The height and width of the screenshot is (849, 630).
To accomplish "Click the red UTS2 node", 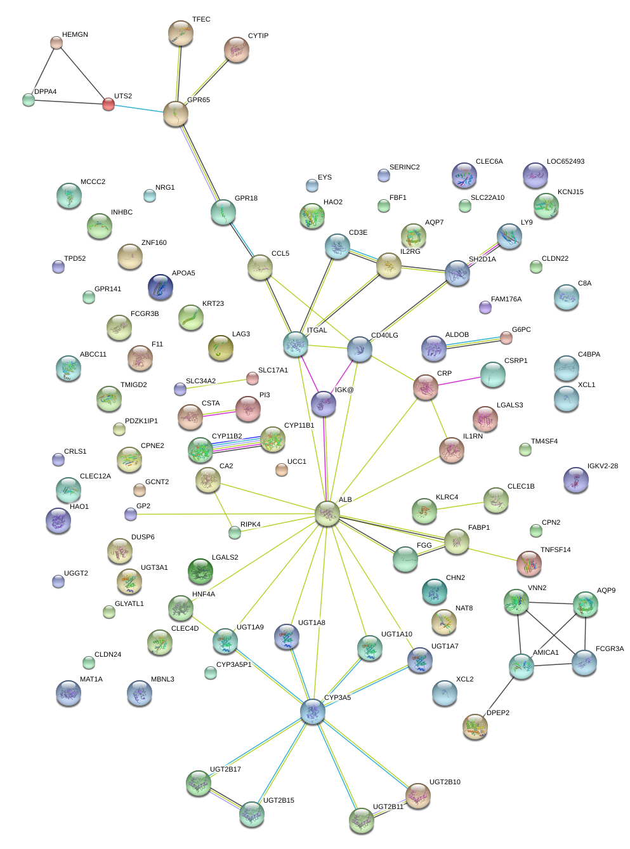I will coord(108,104).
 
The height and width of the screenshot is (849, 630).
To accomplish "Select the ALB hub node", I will coord(327,513).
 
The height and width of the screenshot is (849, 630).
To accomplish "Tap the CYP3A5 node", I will coord(313,712).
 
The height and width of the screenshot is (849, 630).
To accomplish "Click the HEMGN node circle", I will coord(56,43).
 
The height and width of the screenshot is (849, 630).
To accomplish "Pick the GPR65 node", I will coord(176,114).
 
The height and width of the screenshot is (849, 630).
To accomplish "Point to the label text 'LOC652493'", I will coord(565,162).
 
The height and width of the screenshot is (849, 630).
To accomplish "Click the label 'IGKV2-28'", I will coord(602,466).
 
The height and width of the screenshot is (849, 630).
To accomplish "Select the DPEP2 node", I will coord(475,727).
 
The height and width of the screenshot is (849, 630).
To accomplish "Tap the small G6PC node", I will coord(506,338).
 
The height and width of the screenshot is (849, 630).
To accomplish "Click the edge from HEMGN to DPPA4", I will coord(43,70).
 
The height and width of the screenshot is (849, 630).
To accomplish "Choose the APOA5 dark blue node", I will coord(160,287).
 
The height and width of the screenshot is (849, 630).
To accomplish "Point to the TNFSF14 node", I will coord(528,563).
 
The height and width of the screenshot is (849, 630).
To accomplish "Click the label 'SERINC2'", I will coord(404,168).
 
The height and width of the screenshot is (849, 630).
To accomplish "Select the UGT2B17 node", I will coord(199,783).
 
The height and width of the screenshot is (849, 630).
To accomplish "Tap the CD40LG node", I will coord(360,348).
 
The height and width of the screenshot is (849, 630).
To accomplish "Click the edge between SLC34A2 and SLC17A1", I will coord(216,384).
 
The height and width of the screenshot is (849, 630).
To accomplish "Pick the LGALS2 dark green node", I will coord(200,571).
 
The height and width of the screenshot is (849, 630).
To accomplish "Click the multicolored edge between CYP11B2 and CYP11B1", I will coord(237,444).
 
